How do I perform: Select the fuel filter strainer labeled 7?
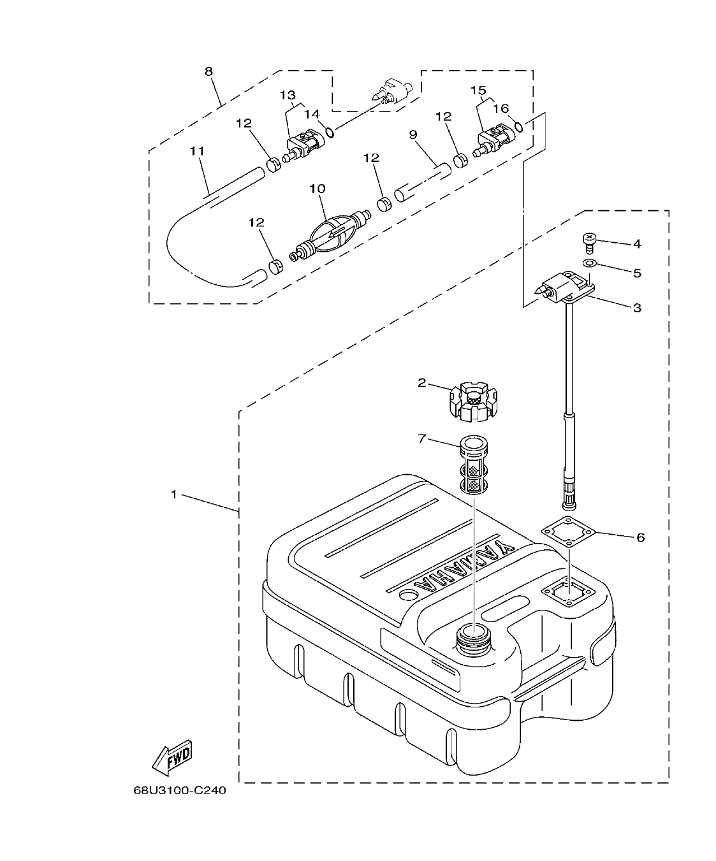pyautogui.click(x=472, y=464)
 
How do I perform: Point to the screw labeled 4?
pyautogui.click(x=589, y=242)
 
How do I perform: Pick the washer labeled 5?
pyautogui.click(x=590, y=263)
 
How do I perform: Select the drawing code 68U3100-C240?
pyautogui.click(x=179, y=791)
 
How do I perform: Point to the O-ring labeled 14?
pyautogui.click(x=329, y=132)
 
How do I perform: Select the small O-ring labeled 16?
pyautogui.click(x=520, y=126)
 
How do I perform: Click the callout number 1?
pyautogui.click(x=173, y=495)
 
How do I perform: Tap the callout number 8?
pyautogui.click(x=208, y=71)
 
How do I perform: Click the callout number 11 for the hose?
pyautogui.click(x=197, y=151)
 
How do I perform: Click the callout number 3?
pyautogui.click(x=636, y=308)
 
